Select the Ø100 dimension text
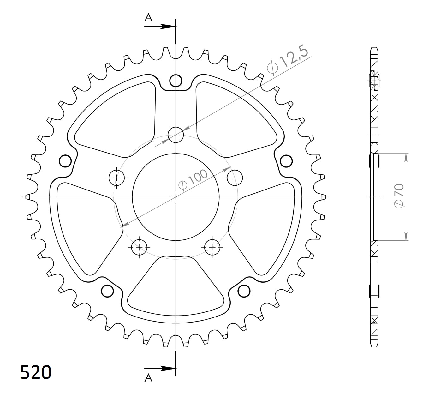click(193, 180)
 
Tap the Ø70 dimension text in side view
click(399, 196)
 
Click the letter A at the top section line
click(148, 17)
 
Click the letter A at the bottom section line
click(148, 378)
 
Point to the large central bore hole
click(176, 197)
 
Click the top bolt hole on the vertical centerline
click(176, 135)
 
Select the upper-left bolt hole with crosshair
click(117, 178)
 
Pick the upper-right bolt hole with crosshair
click(235, 178)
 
